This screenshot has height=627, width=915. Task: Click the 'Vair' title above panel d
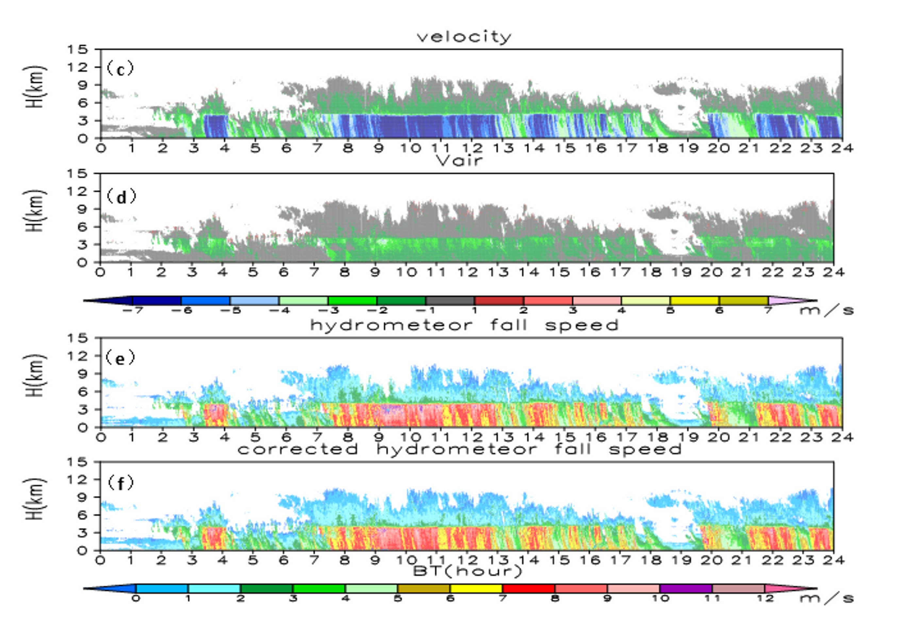pyautogui.click(x=459, y=160)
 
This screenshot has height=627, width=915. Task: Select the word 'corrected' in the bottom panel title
pyautogui.click(x=298, y=449)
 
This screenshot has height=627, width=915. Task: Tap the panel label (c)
pyautogui.click(x=120, y=69)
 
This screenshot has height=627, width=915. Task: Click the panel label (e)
pyautogui.click(x=120, y=358)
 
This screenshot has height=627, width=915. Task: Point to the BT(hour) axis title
pyautogui.click(x=467, y=571)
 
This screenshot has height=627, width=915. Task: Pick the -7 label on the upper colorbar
pyautogui.click(x=133, y=310)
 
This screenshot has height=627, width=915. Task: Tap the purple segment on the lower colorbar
pyautogui.click(x=686, y=589)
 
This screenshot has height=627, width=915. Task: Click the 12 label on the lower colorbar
pyautogui.click(x=764, y=599)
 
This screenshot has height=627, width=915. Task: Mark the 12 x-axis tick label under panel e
pyautogui.click(x=472, y=437)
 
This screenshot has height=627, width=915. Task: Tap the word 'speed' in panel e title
pyautogui.click(x=582, y=325)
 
